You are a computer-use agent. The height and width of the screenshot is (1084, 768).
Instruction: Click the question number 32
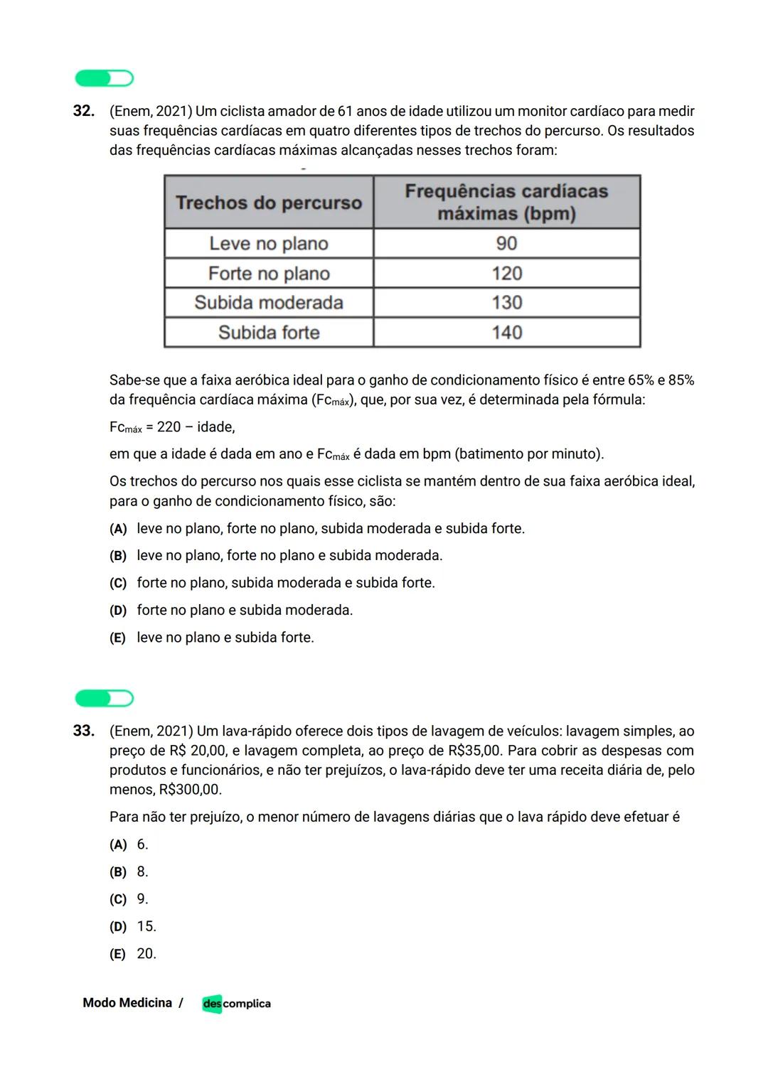tap(83, 112)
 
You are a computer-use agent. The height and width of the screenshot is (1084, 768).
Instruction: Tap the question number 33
tap(83, 731)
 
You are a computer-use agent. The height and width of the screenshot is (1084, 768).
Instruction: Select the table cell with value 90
tap(506, 244)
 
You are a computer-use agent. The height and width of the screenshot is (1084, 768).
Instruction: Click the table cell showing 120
tap(506, 274)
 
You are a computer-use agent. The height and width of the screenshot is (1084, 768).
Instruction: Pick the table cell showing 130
tap(506, 303)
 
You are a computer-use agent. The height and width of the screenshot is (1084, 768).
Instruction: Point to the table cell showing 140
tap(506, 333)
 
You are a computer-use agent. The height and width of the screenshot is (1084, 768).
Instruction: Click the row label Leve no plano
tap(269, 244)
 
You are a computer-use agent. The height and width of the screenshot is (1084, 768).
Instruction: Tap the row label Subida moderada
tap(269, 303)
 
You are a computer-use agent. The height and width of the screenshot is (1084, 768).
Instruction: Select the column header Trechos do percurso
tap(269, 203)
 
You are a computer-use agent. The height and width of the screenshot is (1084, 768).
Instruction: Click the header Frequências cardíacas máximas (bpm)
tap(506, 203)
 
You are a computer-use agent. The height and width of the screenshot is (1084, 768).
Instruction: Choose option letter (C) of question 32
tap(118, 584)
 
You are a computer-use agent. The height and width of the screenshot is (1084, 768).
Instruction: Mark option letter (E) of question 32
tap(117, 638)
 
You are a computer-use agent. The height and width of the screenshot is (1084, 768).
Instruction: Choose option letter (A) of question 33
tap(118, 845)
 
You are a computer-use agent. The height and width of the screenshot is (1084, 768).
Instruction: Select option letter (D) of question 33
tap(118, 927)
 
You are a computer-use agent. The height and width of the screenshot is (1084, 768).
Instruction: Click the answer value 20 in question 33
tap(146, 954)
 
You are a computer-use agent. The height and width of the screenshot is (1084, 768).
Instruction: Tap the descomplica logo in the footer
tap(236, 1004)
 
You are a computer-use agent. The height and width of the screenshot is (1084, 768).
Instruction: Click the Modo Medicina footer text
tap(127, 1003)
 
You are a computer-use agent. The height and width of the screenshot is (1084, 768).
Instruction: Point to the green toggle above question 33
tap(105, 699)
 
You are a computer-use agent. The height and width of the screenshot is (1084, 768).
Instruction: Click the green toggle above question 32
tap(105, 78)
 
